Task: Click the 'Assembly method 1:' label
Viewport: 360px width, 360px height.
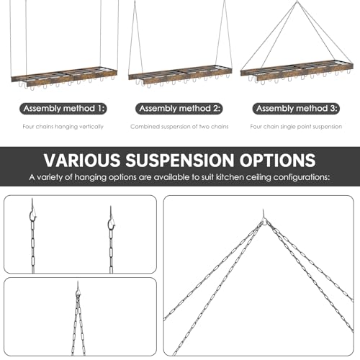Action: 63,109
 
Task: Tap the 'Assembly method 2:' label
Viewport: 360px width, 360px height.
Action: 179,109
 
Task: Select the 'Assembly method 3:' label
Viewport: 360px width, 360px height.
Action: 296,109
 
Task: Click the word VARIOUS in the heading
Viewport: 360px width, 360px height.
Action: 82,160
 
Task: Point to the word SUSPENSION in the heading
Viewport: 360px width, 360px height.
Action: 180,160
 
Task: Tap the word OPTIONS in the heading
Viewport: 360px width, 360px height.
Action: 278,160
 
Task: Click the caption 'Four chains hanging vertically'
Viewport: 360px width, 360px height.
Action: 63,127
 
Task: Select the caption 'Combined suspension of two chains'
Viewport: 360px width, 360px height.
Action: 179,127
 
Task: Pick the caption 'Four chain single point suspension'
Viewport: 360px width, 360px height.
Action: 296,127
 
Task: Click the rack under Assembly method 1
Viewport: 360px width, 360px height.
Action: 64,77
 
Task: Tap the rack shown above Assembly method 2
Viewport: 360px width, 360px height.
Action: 180,74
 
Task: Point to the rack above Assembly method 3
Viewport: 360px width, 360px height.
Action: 297,71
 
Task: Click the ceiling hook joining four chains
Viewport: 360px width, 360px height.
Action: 264,218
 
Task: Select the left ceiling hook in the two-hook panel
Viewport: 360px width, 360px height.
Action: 33,212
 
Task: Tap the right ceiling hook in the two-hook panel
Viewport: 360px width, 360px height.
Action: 112,219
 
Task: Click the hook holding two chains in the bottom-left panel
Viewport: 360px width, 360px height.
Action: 78,291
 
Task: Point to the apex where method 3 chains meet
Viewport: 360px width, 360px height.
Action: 297,1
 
